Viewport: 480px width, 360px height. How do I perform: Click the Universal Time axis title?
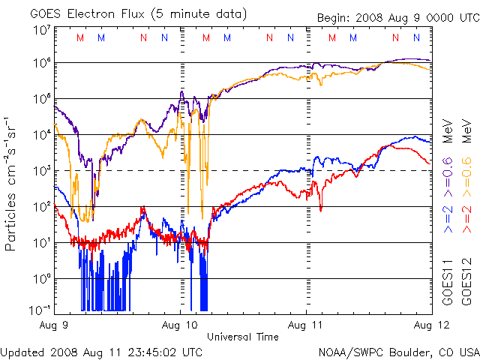point(243,337)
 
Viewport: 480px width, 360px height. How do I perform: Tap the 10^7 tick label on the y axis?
point(41,31)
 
